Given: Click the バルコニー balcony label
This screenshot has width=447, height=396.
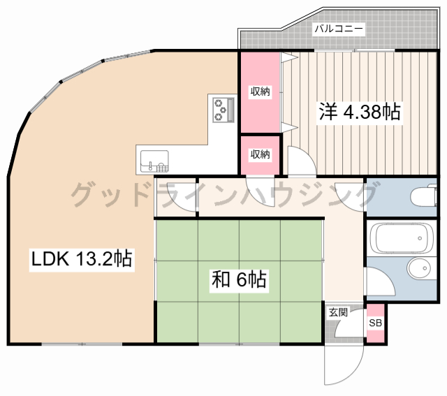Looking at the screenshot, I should pyautogui.click(x=338, y=29).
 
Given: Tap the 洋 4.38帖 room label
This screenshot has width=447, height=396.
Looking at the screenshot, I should pyautogui.click(x=360, y=112).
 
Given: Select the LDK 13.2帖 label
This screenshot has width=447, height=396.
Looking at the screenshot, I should pyautogui.click(x=82, y=259).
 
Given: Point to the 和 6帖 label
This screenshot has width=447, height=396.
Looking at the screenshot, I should pyautogui.click(x=238, y=281).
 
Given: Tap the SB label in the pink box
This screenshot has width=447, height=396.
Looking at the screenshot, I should pyautogui.click(x=376, y=323).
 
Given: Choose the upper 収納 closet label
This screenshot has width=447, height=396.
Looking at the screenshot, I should pyautogui.click(x=261, y=91).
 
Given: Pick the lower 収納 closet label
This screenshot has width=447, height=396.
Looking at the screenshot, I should pyautogui.click(x=261, y=154).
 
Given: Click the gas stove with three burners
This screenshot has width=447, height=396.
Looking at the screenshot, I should pyautogui.click(x=223, y=109).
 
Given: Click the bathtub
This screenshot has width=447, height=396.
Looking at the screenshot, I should pyautogui.click(x=401, y=239).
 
